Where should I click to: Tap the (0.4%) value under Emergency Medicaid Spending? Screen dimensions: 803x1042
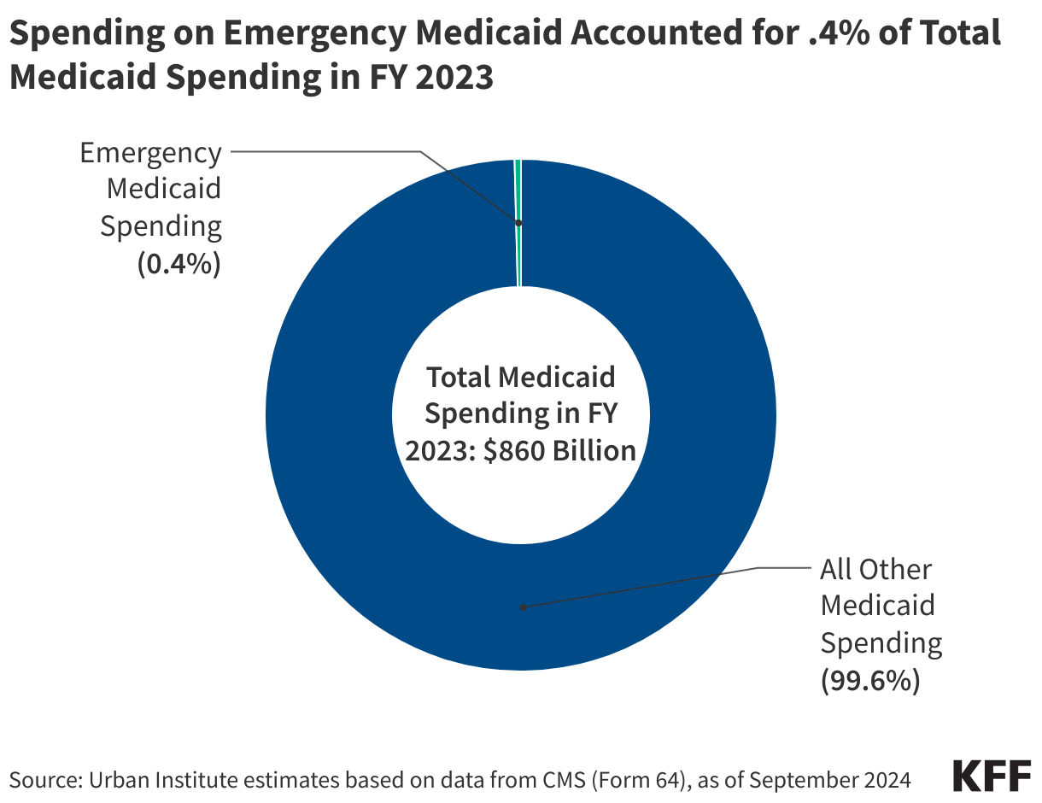pos(179,264)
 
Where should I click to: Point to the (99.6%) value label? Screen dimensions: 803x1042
pos(870,680)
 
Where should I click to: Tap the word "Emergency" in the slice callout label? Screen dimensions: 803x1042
pos(150,154)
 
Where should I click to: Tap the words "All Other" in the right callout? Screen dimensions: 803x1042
pos(876,569)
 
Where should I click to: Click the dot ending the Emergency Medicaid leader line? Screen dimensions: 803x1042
pos(518,223)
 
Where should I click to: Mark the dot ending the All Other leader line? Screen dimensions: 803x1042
pos(523,607)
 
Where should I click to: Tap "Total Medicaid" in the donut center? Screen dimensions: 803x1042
pos(521,377)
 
